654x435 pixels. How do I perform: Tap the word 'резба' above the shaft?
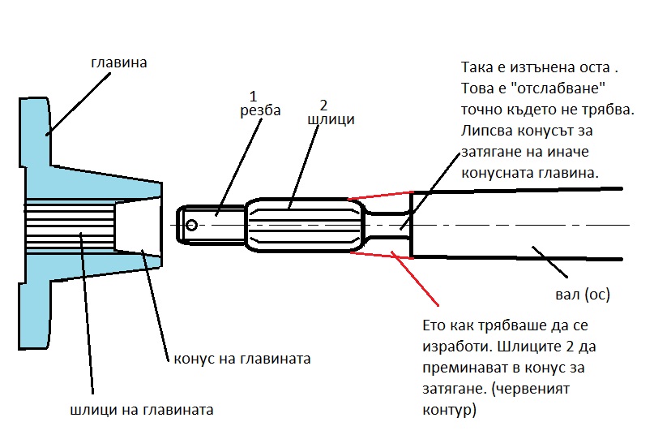point(260,110)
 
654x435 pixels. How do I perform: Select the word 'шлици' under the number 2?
point(331,120)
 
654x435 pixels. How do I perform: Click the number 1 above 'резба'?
point(252,95)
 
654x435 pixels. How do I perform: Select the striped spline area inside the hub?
point(69,226)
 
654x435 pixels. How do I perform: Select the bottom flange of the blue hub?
point(36,325)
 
